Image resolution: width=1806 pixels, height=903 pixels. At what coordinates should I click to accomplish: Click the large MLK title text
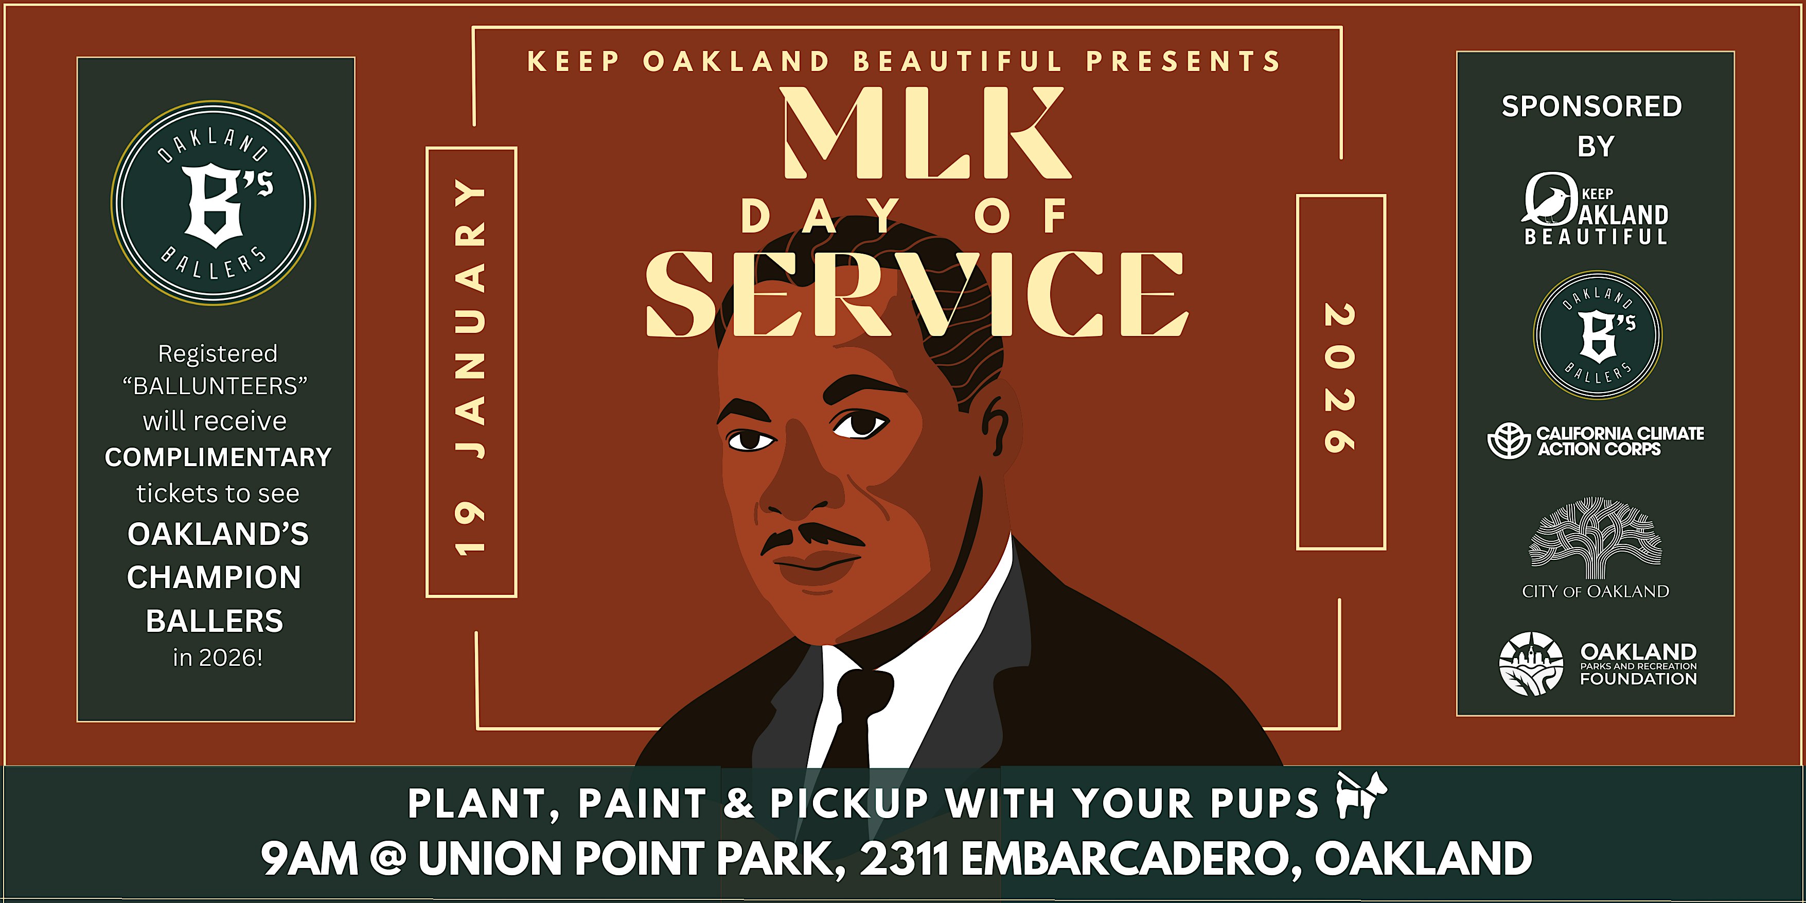927,133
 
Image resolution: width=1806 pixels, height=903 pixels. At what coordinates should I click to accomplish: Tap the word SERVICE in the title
916,294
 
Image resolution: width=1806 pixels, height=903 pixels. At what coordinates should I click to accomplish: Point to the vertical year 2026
1339,378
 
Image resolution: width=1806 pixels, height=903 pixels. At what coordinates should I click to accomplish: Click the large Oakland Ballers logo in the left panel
213,203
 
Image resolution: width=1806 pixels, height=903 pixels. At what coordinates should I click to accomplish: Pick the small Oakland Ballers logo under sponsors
1598,335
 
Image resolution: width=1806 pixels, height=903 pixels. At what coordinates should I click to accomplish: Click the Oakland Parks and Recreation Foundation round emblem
1531,664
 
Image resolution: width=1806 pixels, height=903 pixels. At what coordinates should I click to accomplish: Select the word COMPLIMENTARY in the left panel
218,457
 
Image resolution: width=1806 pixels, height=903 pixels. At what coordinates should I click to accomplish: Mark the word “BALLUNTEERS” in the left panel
215,385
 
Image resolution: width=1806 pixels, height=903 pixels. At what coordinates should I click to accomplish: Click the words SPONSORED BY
1592,126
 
